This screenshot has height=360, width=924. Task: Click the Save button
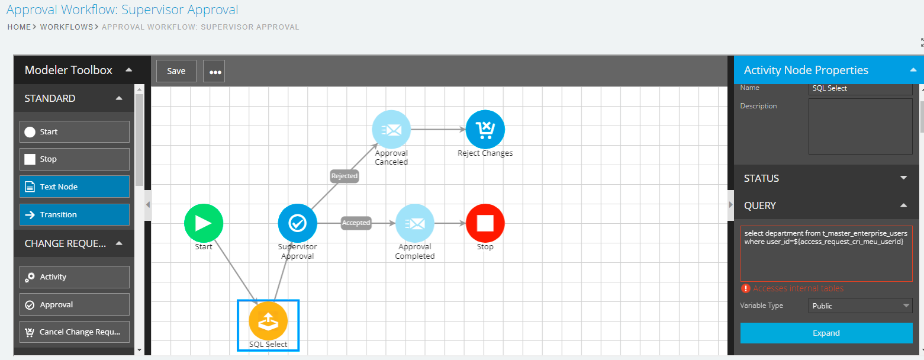click(176, 71)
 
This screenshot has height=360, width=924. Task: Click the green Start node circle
click(204, 223)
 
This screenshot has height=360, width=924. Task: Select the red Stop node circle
click(485, 223)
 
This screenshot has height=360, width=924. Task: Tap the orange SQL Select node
click(268, 320)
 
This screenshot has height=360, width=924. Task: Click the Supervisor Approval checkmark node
click(297, 223)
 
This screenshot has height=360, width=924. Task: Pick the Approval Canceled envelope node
click(391, 129)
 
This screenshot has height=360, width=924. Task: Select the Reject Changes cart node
click(485, 129)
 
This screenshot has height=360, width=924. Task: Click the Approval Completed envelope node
click(414, 223)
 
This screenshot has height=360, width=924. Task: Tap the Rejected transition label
click(345, 176)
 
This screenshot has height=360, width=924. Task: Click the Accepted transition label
click(356, 223)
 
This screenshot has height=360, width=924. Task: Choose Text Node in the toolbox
click(75, 187)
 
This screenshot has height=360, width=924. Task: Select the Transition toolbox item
click(75, 214)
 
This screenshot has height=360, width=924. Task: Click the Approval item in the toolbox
click(75, 304)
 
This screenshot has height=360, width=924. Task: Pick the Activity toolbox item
click(75, 277)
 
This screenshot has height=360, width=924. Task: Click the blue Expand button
click(826, 333)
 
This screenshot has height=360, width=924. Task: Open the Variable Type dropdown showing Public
click(860, 306)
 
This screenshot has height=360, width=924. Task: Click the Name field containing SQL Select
click(860, 88)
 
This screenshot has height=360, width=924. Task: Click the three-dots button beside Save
click(214, 72)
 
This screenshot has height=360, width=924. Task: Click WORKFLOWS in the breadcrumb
click(66, 27)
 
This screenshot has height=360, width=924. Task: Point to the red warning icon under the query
click(745, 288)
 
